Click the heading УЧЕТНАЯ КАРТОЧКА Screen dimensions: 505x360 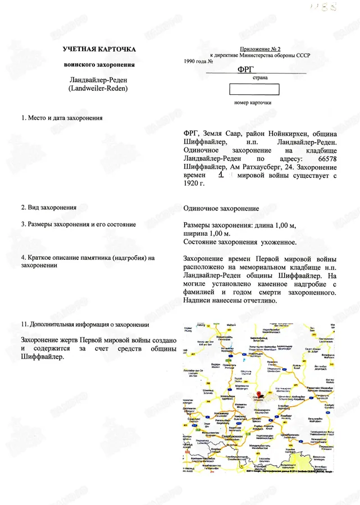click(x=99, y=50)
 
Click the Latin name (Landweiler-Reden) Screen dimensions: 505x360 click(x=99, y=89)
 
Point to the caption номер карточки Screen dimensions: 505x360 click(x=253, y=103)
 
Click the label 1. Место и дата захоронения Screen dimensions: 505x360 click(x=61, y=118)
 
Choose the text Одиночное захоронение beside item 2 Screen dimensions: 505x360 click(x=221, y=208)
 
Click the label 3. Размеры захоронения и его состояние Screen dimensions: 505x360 click(x=78, y=224)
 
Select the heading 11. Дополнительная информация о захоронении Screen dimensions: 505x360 click(x=84, y=324)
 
